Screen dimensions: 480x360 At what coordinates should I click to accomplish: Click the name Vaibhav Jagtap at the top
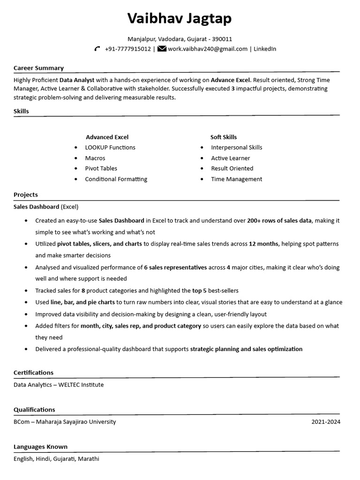point(180,19)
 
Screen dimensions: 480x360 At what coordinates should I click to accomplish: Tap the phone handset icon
point(97,49)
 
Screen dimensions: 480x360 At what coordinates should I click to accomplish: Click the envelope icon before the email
point(162,49)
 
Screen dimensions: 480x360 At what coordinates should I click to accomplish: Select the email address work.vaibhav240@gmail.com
point(208,49)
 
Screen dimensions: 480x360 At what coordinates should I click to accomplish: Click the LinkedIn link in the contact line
point(265,49)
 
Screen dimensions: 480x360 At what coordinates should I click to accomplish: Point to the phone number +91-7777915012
point(128,49)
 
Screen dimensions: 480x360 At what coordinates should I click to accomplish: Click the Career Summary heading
point(38,68)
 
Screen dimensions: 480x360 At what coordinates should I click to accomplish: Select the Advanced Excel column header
point(107,137)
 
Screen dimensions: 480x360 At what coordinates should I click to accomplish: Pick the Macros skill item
point(95,158)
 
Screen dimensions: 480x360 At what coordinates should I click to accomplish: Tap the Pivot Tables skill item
point(101,169)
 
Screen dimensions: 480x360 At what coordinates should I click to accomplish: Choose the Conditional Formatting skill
point(116,179)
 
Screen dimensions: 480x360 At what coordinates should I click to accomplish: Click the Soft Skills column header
point(224,137)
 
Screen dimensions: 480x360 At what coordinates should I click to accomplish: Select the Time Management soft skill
point(237,179)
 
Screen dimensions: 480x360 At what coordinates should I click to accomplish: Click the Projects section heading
point(26,195)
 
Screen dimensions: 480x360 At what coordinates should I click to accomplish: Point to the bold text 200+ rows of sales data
point(279,220)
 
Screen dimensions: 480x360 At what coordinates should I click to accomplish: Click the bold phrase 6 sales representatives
point(175,268)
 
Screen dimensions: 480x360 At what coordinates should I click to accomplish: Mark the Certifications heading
point(33,373)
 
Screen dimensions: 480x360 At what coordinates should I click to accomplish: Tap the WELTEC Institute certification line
point(59,385)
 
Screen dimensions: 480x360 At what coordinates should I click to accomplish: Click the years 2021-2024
point(326,422)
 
